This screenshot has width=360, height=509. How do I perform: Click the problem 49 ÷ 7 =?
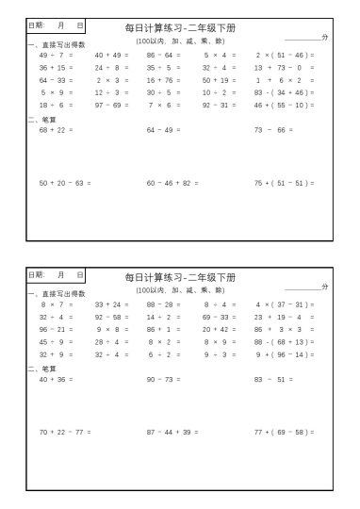[56, 56]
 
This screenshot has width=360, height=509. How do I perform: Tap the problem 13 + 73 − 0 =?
[284, 68]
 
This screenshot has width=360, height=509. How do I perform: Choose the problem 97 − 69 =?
[112, 105]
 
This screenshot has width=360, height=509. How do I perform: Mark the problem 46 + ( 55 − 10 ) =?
[284, 105]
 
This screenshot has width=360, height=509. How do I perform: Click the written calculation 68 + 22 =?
[57, 129]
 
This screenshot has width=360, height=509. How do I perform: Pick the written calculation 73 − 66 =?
[272, 129]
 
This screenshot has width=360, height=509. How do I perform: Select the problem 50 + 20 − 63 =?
[65, 183]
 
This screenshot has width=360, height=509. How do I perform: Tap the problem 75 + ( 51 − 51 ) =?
[284, 183]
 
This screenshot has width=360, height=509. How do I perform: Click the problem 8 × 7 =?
[56, 304]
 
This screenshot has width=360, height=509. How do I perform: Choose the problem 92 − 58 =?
[112, 317]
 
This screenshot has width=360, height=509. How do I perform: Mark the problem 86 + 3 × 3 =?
[284, 329]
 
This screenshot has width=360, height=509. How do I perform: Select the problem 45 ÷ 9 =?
[56, 341]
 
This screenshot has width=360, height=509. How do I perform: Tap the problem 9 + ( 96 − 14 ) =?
[284, 353]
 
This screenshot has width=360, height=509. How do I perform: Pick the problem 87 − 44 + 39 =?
[172, 432]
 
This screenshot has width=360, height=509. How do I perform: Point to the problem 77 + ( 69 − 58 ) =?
[284, 432]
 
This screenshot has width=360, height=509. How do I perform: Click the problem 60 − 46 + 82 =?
[172, 183]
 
